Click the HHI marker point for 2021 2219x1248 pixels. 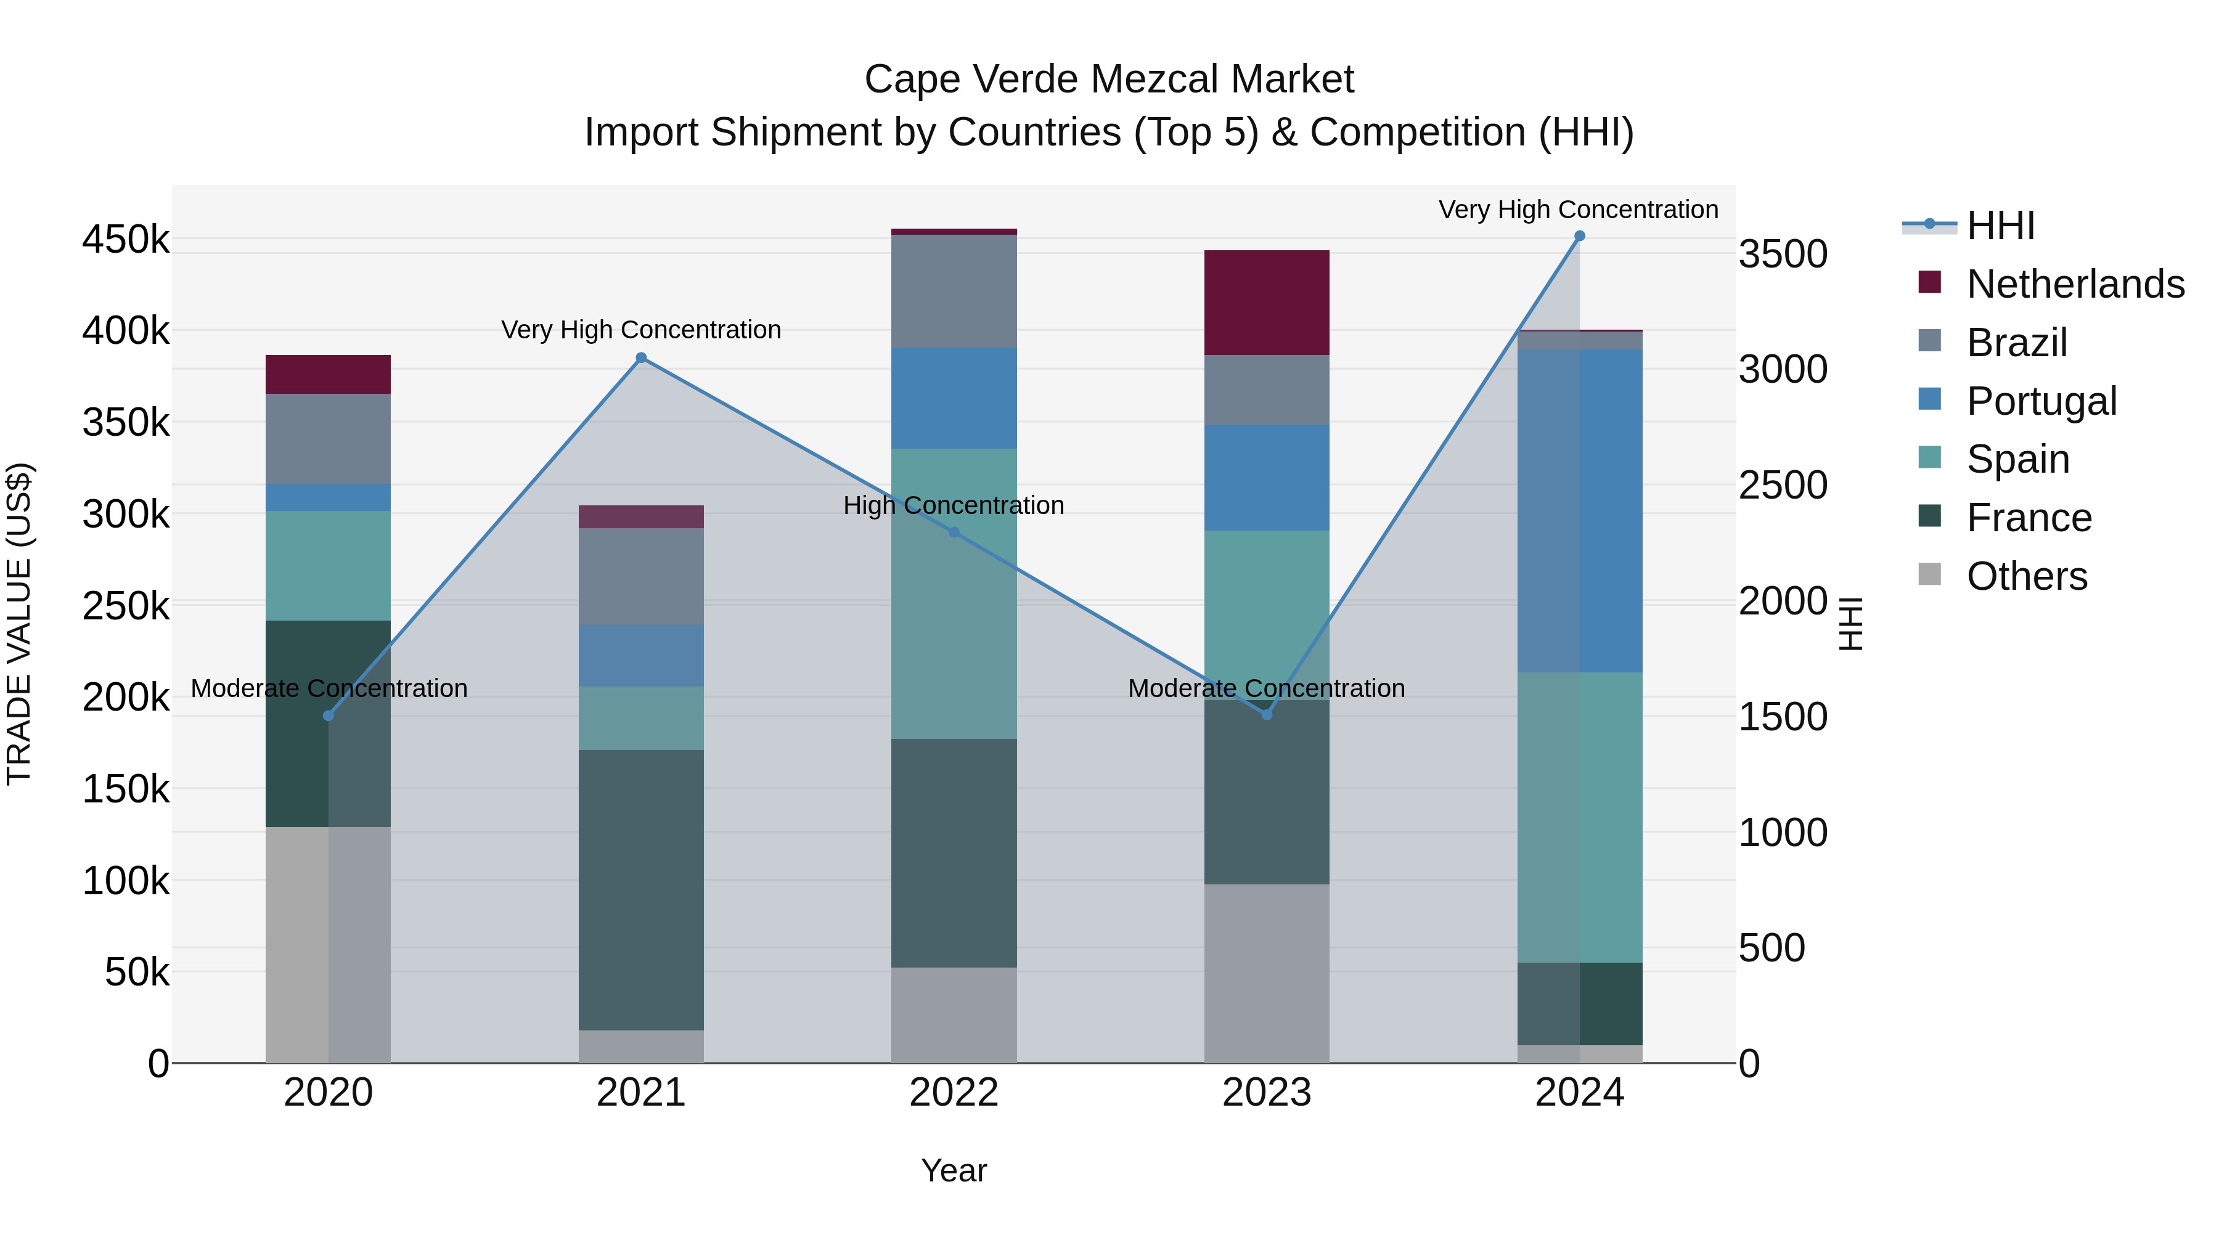641,358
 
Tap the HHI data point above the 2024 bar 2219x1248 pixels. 1579,236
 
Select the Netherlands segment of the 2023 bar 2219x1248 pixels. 1266,303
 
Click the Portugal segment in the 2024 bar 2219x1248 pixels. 1579,511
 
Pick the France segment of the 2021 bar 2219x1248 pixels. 641,890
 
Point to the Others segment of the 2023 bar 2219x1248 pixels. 1266,973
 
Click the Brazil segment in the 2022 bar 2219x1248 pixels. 954,291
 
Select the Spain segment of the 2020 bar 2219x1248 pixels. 327,566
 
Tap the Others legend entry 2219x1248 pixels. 2026,576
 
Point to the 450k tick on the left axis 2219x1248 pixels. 126,240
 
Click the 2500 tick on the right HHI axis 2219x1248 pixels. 1782,486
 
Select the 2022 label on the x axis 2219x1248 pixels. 954,1093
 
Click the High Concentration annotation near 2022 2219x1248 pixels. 954,505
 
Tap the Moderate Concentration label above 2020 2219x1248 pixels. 329,689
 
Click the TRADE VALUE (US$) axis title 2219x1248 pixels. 19,624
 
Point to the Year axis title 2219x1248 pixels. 954,1170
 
